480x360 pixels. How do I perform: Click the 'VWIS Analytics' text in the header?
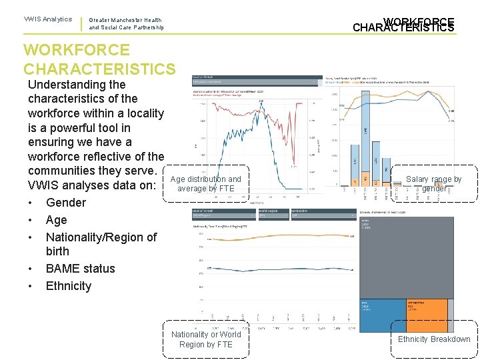pyautogui.click(x=48, y=19)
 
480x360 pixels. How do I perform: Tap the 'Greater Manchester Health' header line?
pyautogui.click(x=125, y=20)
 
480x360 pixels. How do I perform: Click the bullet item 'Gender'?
pyautogui.click(x=66, y=203)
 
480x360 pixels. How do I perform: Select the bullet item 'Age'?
pyautogui.click(x=57, y=220)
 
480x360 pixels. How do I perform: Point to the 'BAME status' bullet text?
pyautogui.click(x=80, y=269)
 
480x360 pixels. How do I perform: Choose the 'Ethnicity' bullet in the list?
pyautogui.click(x=68, y=286)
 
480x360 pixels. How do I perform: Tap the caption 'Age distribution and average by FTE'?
pyautogui.click(x=206, y=184)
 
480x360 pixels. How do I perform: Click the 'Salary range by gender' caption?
pyautogui.click(x=434, y=184)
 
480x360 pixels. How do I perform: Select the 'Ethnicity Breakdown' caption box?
pyautogui.click(x=434, y=339)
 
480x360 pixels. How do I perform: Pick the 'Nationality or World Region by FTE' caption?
pyautogui.click(x=206, y=339)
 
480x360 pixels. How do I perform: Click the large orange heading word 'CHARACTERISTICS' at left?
pyautogui.click(x=99, y=69)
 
